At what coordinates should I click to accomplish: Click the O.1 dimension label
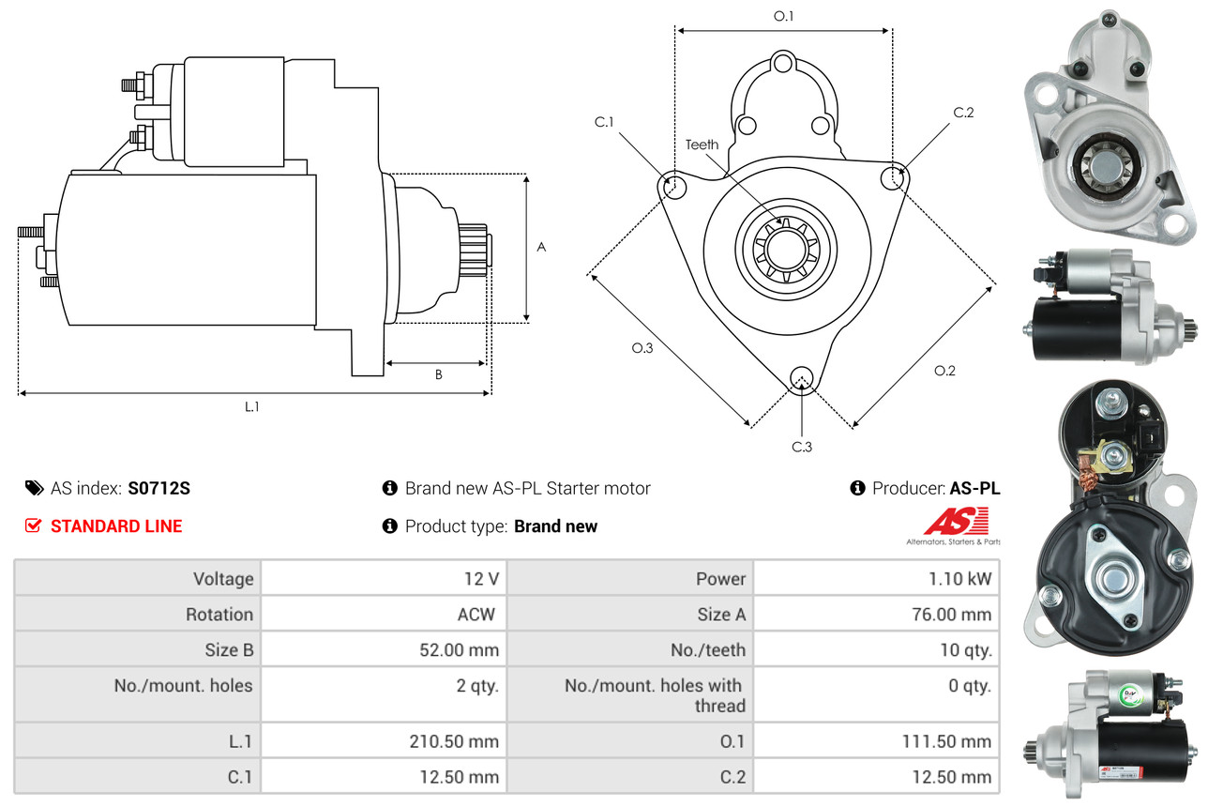point(783,16)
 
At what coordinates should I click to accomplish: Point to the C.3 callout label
point(801,447)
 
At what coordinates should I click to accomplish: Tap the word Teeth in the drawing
point(702,145)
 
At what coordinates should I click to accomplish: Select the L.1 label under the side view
point(251,406)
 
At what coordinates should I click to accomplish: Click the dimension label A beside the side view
point(541,248)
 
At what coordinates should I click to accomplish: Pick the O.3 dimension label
point(642,348)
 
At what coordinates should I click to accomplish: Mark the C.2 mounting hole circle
point(895,176)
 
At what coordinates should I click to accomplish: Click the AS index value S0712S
point(159,488)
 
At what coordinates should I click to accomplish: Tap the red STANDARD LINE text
point(116,526)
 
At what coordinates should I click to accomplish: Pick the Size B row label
point(229,649)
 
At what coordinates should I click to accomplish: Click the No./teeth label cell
point(708,649)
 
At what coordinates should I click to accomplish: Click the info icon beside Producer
point(857,488)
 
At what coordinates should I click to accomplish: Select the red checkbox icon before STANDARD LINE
point(33,526)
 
